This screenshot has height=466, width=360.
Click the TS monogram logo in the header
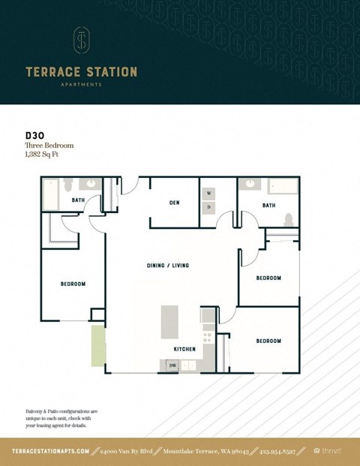[81, 41]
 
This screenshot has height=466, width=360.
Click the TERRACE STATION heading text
[81, 72]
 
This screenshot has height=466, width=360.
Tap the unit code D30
[34, 137]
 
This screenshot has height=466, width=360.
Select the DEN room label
[173, 203]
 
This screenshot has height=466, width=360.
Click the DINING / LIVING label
[168, 266]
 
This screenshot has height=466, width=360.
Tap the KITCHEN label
[184, 349]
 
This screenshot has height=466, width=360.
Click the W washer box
[208, 194]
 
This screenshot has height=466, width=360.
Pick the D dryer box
[208, 207]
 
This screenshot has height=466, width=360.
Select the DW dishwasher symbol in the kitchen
[172, 365]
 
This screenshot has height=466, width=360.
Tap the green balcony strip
[98, 345]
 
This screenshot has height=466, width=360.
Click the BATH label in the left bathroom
[78, 200]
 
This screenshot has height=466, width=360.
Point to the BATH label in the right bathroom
[268, 205]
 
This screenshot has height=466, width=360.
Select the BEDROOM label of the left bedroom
[73, 284]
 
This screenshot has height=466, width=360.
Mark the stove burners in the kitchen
[208, 337]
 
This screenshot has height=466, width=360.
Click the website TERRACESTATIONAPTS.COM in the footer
[51, 451]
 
